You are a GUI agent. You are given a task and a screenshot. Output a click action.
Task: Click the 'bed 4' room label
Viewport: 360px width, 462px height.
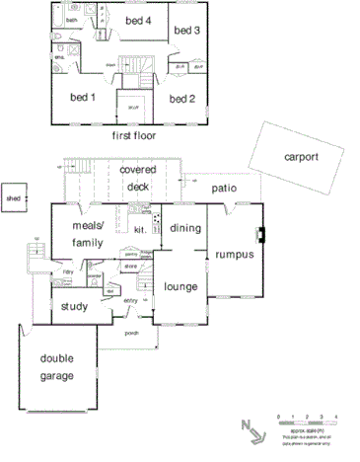point(138,20)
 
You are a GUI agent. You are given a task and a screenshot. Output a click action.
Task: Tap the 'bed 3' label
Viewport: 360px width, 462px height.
point(186,31)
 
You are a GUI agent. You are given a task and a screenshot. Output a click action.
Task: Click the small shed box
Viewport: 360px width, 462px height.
point(14,197)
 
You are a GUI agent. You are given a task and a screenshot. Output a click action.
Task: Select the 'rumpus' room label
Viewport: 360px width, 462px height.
point(235,254)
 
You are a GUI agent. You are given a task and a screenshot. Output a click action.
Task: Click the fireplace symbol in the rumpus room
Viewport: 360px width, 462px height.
point(260,235)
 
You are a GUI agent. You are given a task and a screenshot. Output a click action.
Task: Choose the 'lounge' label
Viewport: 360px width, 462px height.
point(180,287)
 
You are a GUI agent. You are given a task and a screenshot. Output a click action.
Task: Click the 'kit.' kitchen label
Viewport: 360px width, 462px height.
point(140,229)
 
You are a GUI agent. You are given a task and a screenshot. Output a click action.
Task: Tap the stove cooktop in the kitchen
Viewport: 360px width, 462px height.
point(155,218)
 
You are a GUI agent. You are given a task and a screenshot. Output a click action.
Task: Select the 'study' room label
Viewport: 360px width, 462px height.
point(74,306)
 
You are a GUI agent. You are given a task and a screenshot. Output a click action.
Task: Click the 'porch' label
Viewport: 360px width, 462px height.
point(131,333)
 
